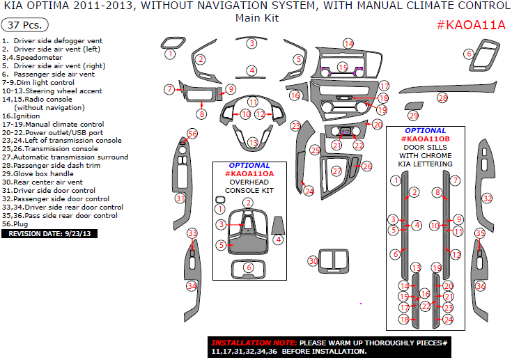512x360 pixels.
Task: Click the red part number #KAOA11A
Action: (470, 26)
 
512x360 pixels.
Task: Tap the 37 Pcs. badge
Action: (25, 26)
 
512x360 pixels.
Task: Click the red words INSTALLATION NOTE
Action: (253, 343)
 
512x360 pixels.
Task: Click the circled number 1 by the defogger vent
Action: (170, 54)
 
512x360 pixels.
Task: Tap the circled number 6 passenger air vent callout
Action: (469, 54)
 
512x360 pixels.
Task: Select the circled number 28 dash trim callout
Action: (442, 98)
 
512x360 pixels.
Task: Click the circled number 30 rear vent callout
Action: (313, 260)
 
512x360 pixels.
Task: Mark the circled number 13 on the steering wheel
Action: (253, 143)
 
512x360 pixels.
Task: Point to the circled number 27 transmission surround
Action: (336, 171)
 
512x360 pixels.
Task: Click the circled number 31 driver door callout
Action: (180, 199)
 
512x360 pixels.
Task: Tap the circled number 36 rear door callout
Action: (480, 286)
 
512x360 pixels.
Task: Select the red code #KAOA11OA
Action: (249, 173)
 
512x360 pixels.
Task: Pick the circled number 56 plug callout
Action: (192, 134)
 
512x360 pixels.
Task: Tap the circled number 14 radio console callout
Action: (348, 44)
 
